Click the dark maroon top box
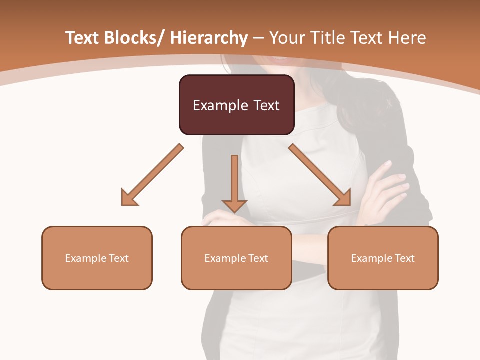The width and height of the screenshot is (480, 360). point(236,105)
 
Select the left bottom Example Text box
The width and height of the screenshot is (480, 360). point(97,258)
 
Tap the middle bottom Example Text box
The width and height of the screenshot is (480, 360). point(236,258)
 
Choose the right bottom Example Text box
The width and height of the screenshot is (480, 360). point(383,258)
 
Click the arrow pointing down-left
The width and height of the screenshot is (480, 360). point(152,175)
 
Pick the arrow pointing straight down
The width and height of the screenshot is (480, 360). point(235,182)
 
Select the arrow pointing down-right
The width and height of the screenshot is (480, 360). point(320,175)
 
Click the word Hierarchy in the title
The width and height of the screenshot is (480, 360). point(209,38)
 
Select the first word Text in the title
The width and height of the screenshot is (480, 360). point(82,38)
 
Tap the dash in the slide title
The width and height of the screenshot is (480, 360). point(258,38)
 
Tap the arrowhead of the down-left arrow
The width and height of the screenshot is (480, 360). point(129,198)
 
